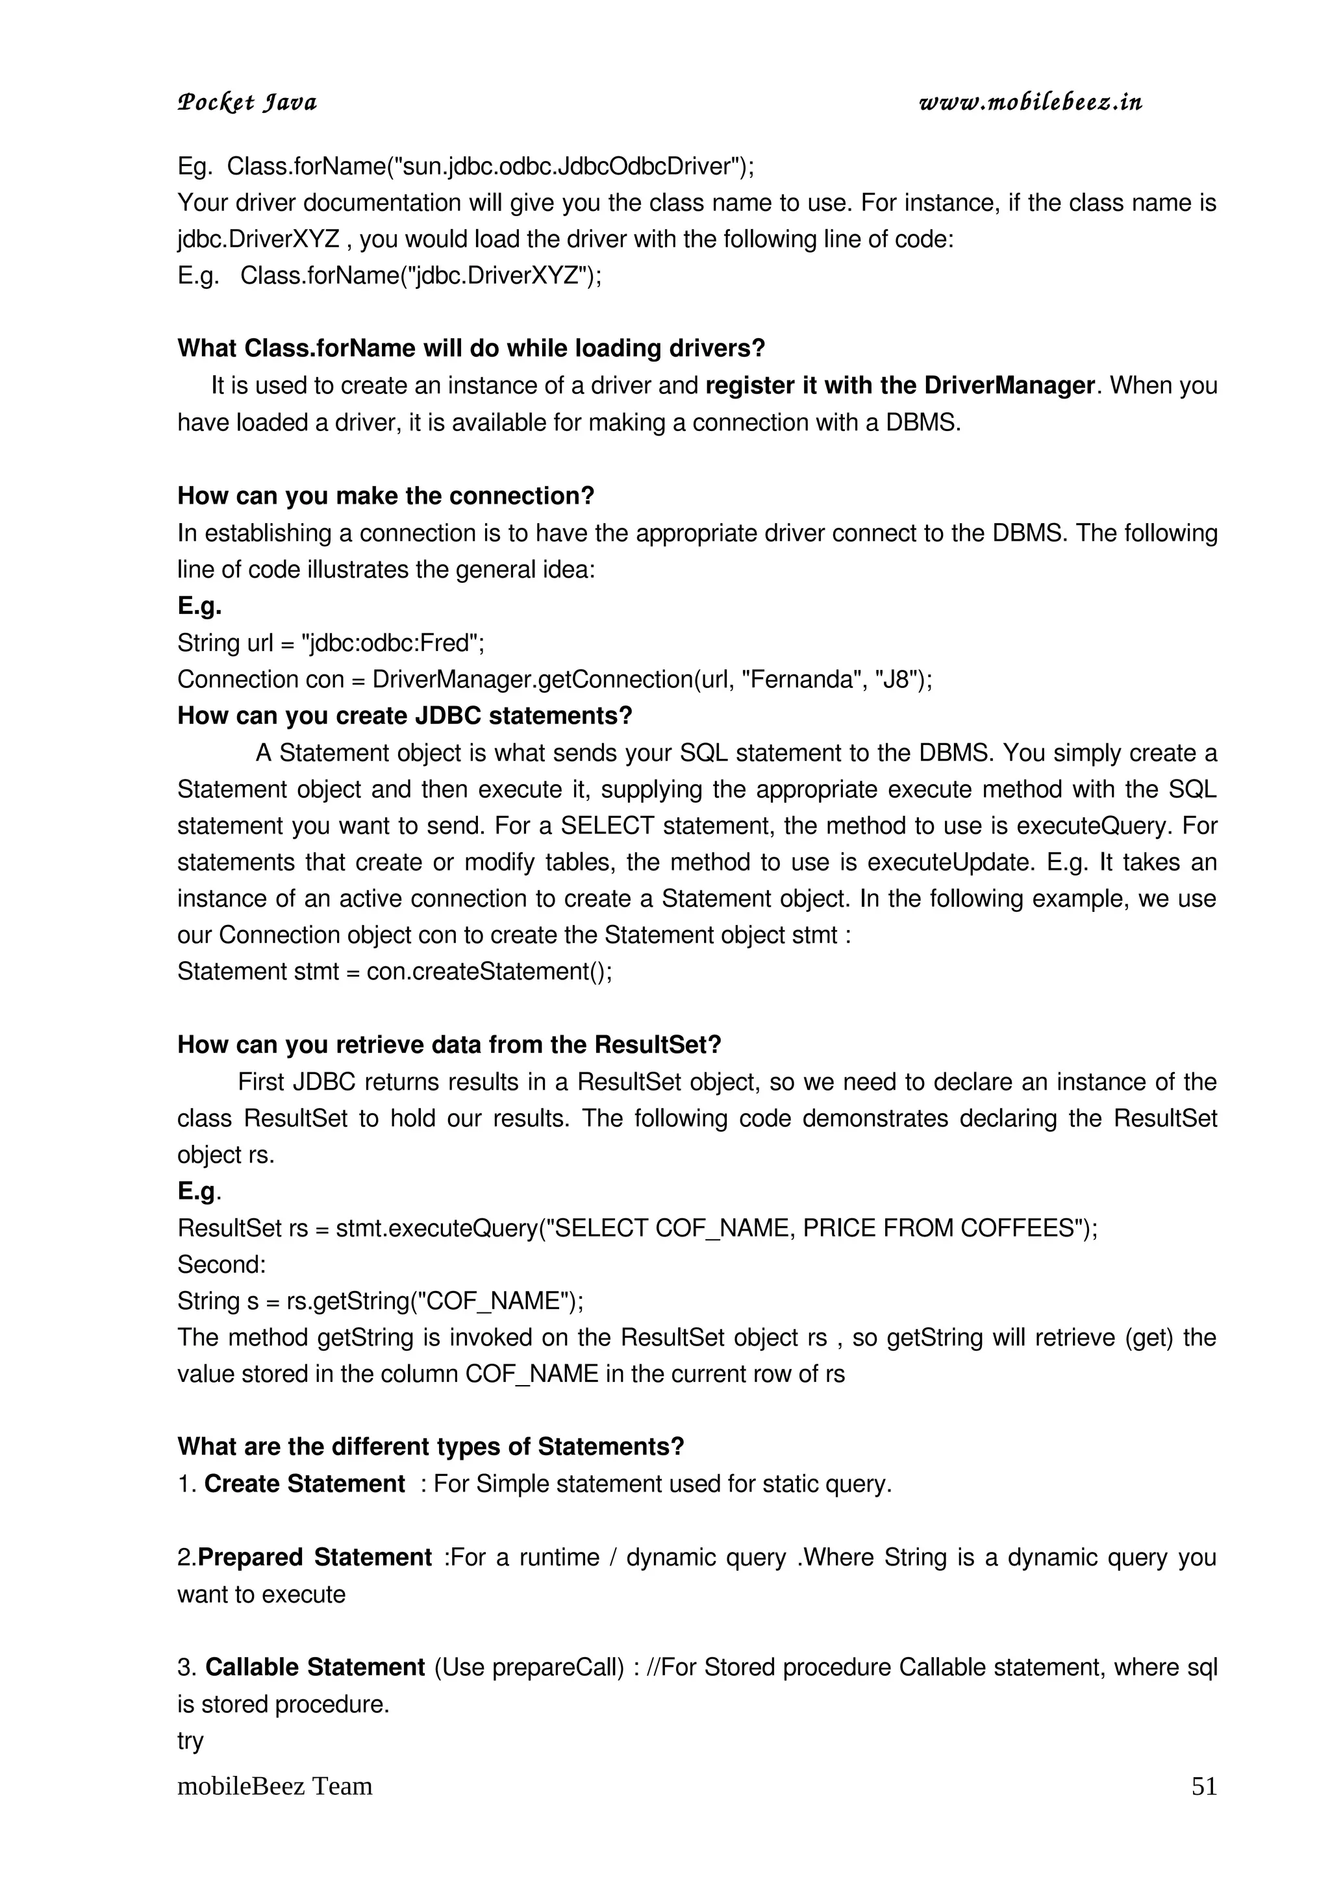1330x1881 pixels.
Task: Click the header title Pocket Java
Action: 247,103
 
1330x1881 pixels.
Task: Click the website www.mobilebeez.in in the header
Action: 1030,103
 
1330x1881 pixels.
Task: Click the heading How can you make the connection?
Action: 386,496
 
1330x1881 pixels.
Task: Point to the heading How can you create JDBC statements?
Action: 405,715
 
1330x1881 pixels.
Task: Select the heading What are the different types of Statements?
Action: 430,1446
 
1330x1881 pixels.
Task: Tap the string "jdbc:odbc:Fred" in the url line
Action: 390,643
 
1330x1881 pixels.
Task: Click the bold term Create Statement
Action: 304,1484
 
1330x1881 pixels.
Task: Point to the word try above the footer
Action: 190,1740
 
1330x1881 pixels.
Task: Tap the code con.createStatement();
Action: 489,972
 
